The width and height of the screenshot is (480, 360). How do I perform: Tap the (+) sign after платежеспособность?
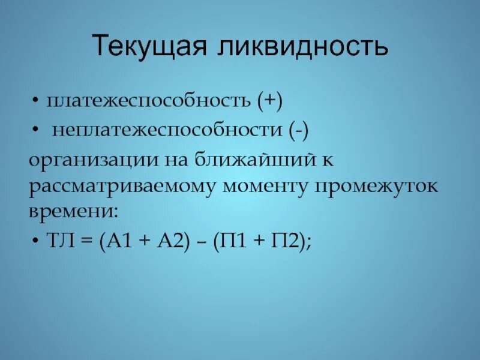click(271, 101)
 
